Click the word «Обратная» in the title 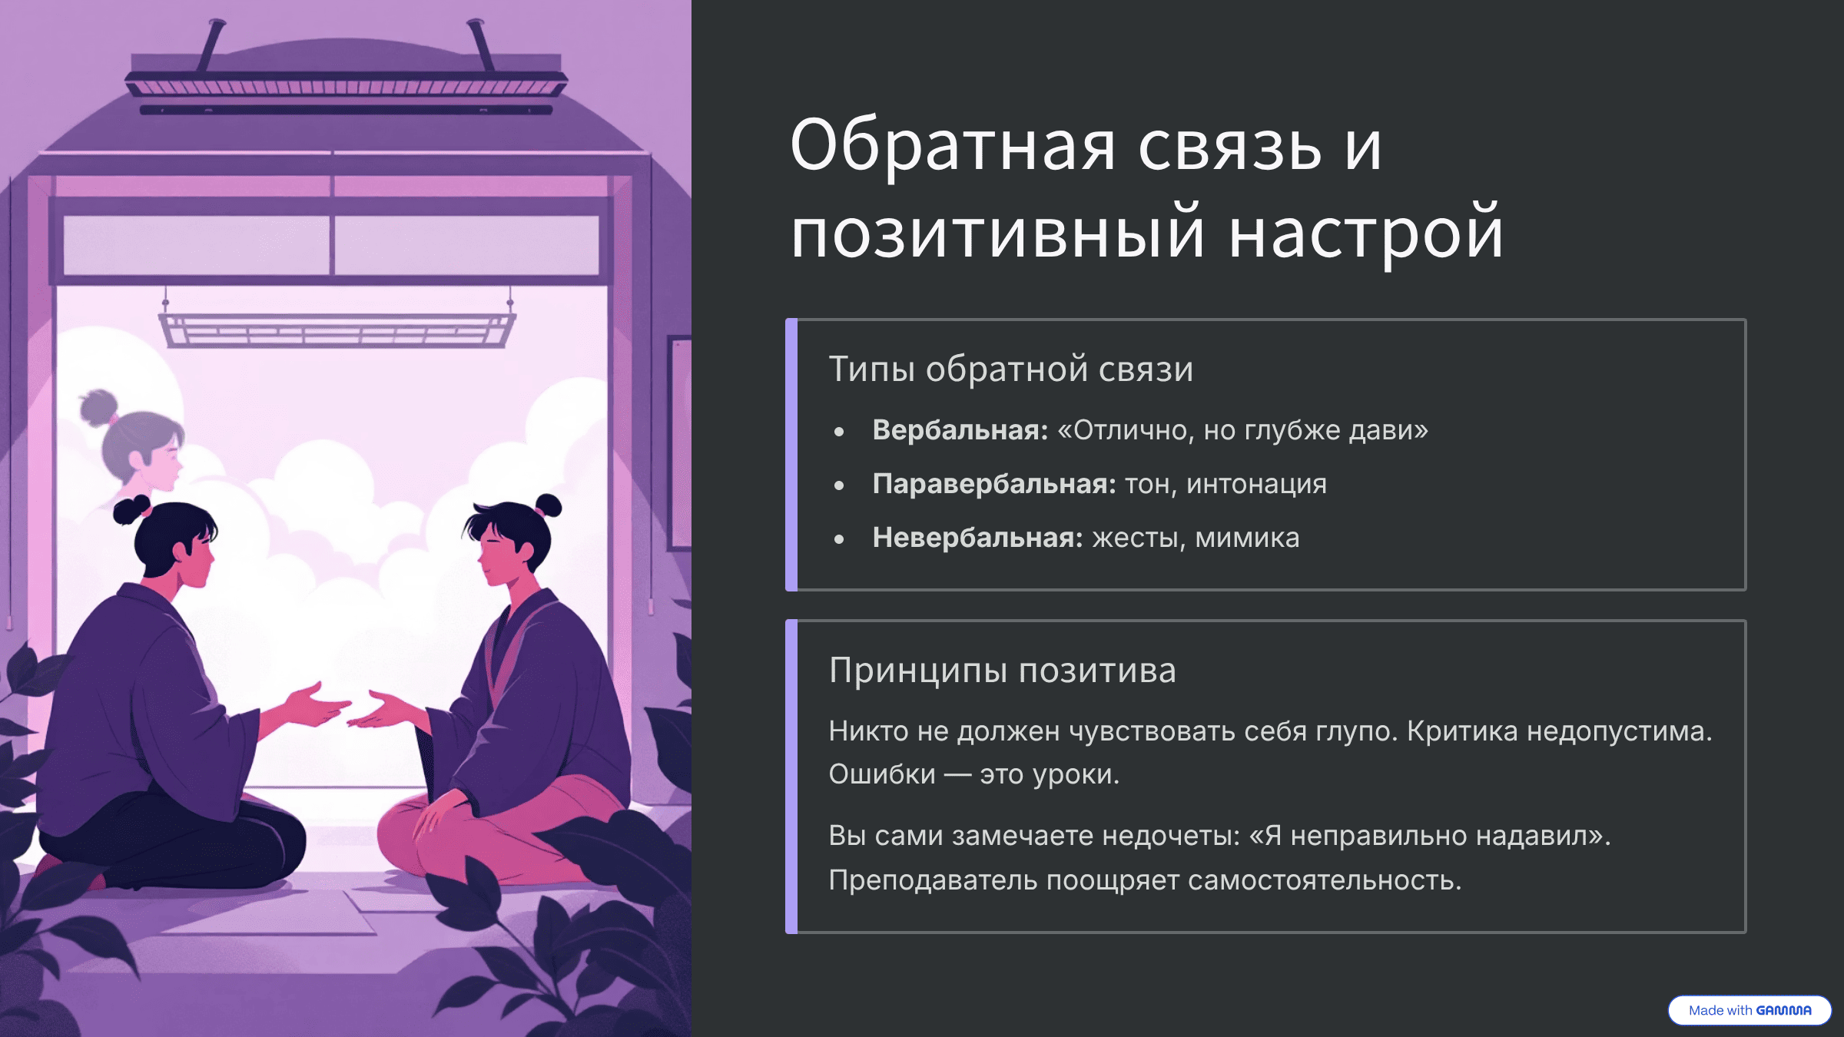point(953,146)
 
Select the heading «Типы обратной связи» point(1011,369)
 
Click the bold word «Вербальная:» point(960,430)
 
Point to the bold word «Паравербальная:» point(994,484)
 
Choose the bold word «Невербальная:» point(978,538)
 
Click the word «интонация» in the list point(1256,485)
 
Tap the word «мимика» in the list point(1247,538)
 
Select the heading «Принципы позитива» point(1003,671)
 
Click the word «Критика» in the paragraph point(1462,731)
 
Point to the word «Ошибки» point(882,774)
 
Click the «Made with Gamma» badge point(1749,1010)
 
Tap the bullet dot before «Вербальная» point(839,432)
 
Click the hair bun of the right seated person point(549,506)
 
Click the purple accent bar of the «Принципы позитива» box point(791,777)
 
